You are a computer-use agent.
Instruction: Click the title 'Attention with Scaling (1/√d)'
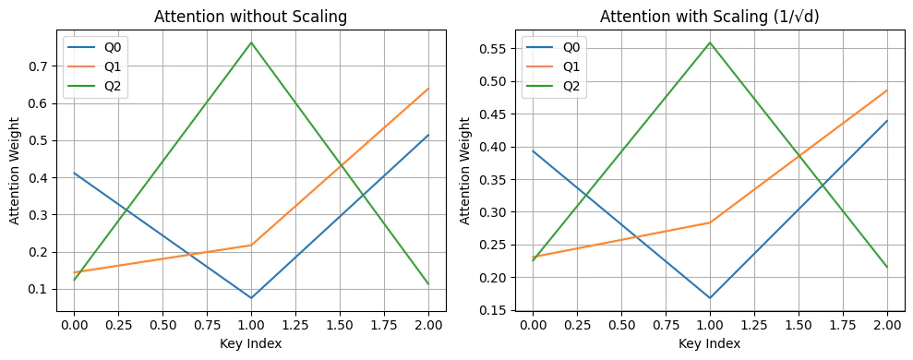click(708, 17)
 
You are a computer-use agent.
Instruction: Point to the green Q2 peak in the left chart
click(252, 42)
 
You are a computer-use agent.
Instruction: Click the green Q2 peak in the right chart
click(710, 42)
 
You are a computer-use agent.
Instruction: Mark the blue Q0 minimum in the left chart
click(252, 298)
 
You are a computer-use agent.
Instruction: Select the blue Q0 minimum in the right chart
click(710, 298)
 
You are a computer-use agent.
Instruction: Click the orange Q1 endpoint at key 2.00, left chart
click(428, 89)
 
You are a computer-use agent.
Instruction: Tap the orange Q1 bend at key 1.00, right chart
click(710, 222)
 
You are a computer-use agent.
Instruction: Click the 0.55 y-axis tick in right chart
click(493, 49)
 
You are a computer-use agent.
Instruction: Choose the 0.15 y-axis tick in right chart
click(493, 310)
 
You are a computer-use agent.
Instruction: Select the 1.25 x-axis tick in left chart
click(296, 325)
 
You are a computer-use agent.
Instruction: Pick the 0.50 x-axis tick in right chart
click(620, 325)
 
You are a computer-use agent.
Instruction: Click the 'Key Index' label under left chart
click(252, 343)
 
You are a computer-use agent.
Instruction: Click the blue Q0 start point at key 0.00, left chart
click(74, 173)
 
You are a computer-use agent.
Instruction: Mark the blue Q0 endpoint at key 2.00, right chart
click(887, 121)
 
